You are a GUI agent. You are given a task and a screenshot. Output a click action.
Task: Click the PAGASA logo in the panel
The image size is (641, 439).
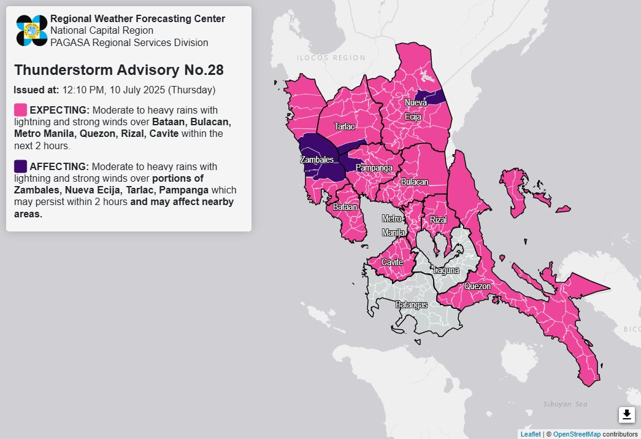(x=32, y=30)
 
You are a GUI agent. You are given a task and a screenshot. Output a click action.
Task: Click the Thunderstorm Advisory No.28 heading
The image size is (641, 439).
(x=118, y=70)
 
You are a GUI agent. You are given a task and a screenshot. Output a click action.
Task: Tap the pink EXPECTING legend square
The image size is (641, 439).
(x=20, y=110)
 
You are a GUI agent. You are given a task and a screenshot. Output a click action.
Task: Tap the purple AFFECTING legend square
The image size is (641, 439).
(x=20, y=166)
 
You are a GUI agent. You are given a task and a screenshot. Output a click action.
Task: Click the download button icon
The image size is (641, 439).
(x=626, y=415)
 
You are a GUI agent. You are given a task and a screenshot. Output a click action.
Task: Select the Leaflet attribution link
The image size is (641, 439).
(x=530, y=434)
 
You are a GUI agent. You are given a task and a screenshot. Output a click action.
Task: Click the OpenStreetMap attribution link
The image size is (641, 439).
(x=577, y=434)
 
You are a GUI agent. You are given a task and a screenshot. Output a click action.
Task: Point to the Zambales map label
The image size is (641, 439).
(x=316, y=160)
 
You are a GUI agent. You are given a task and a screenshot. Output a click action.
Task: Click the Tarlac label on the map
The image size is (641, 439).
(x=344, y=126)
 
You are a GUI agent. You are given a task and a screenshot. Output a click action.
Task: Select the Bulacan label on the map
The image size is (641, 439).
(x=415, y=182)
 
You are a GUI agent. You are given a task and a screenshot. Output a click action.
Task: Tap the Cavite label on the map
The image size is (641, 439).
(x=392, y=262)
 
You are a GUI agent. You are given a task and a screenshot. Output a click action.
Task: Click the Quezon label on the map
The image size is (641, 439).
(x=477, y=286)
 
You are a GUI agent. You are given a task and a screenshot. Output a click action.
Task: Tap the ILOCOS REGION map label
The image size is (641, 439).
(x=331, y=58)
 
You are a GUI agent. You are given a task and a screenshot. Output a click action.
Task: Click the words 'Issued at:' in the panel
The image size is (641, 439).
(x=36, y=90)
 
